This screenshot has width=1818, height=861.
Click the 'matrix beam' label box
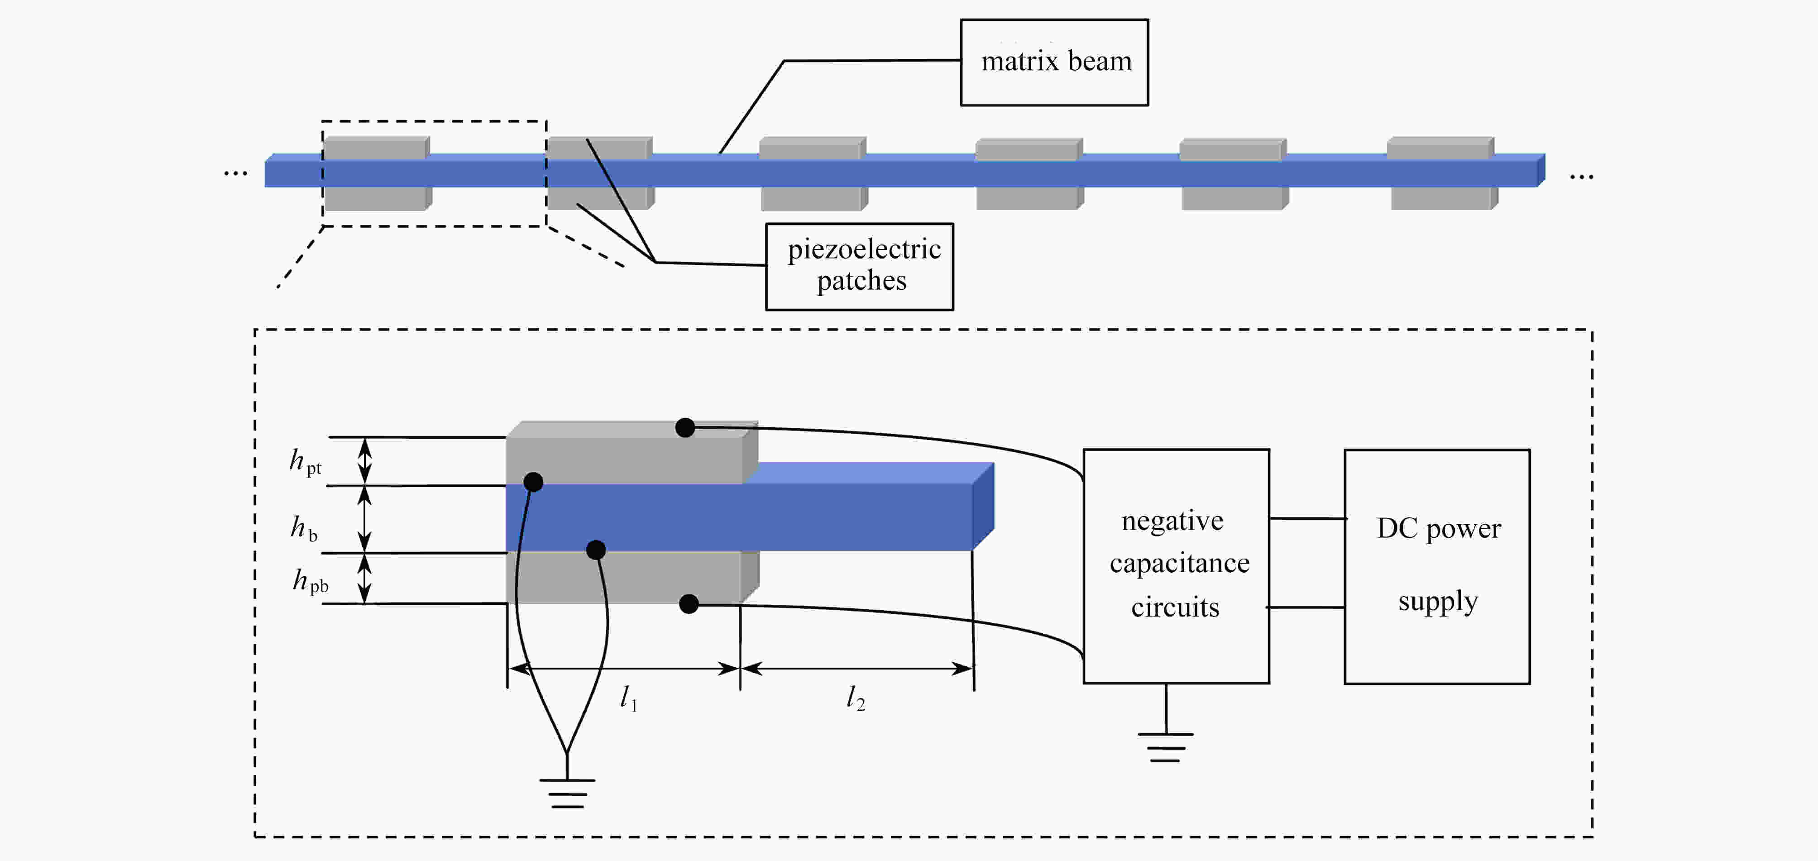click(1054, 62)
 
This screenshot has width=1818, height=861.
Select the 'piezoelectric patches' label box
click(860, 267)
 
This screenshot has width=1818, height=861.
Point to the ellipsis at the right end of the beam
click(1582, 177)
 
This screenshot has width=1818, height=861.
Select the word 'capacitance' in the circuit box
click(1179, 564)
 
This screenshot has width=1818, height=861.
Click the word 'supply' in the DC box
click(1438, 602)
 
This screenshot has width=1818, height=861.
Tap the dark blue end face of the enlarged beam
click(983, 506)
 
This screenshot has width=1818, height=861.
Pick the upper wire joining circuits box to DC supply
click(1308, 519)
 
